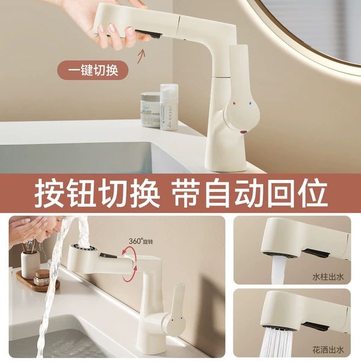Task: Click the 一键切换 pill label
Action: click(93, 70)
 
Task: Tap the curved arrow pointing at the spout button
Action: click(141, 56)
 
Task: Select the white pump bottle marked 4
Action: click(169, 107)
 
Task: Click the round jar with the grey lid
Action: click(150, 110)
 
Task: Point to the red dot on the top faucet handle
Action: click(234, 103)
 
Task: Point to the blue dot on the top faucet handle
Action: click(250, 103)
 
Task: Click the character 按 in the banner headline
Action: click(49, 193)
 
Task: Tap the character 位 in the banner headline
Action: click(313, 193)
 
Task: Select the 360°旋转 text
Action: click(141, 241)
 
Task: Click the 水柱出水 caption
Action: click(328, 277)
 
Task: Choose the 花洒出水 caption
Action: click(328, 350)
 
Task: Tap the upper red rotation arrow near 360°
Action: click(128, 251)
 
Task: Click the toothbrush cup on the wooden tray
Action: click(30, 264)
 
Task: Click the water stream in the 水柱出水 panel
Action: click(277, 270)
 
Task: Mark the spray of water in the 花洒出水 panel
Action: click(277, 342)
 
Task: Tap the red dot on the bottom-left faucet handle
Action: click(173, 320)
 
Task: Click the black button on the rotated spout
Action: click(108, 255)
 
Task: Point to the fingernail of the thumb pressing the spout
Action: click(130, 31)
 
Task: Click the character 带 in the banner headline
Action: click(188, 193)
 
